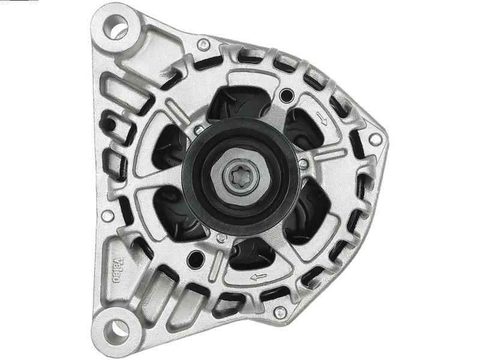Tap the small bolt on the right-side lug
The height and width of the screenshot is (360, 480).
pos(376,140)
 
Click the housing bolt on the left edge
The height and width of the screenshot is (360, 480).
pos(107,215)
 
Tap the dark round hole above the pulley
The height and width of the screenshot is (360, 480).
pos(286,95)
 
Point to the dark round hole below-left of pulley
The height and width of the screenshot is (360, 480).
pos(194,259)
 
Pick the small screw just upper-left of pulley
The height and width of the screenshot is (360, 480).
pos(199,130)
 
